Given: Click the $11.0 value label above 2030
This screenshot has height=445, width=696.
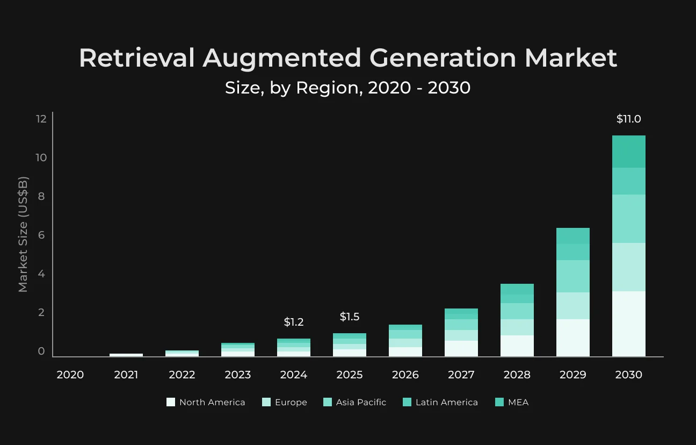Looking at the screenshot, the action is coord(628,119).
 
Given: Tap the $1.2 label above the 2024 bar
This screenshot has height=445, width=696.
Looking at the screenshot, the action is coord(294,322).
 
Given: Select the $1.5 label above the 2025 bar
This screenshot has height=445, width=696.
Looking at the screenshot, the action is coord(350,317).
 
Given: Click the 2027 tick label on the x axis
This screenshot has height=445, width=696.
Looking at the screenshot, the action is coord(461,375).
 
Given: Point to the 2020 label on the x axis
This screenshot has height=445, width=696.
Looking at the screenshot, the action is coord(70,375).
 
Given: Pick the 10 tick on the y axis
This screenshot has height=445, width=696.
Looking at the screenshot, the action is coord(41,157).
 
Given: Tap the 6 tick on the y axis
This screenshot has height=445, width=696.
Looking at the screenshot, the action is coord(41,235).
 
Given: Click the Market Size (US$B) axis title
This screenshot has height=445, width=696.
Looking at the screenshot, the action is coord(23,234).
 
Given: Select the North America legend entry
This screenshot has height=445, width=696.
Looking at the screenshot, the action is coord(206,402).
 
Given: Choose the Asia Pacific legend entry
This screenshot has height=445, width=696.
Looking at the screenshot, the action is coord(354,402).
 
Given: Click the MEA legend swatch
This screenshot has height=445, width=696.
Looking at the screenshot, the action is coord(499,402).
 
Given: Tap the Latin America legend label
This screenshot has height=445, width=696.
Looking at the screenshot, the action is coord(447,402).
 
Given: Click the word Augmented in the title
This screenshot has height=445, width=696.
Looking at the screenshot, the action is coord(282,59).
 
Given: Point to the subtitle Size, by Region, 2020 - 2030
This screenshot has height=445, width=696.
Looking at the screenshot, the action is coord(347,88).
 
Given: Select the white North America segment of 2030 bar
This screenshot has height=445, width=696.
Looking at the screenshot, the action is coord(628,324).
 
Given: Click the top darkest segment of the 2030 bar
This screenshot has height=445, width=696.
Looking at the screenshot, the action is coord(628,152).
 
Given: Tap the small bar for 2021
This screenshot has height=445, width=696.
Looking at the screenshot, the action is coord(126,355).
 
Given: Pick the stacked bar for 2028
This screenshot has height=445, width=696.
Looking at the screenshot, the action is coord(517,320).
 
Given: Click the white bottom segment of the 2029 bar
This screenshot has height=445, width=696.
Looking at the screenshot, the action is coord(573,338).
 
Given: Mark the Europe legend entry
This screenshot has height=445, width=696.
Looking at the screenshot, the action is coord(285,402).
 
